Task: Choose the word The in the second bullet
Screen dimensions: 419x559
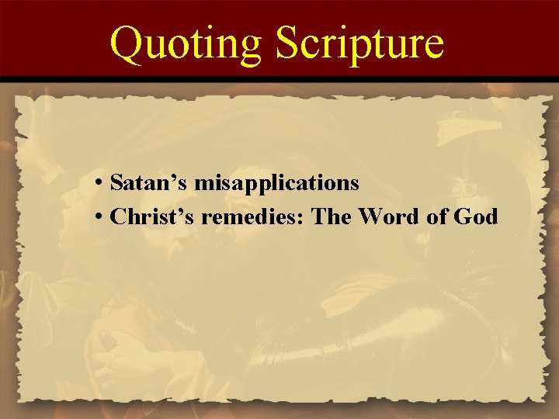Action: click(x=332, y=217)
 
